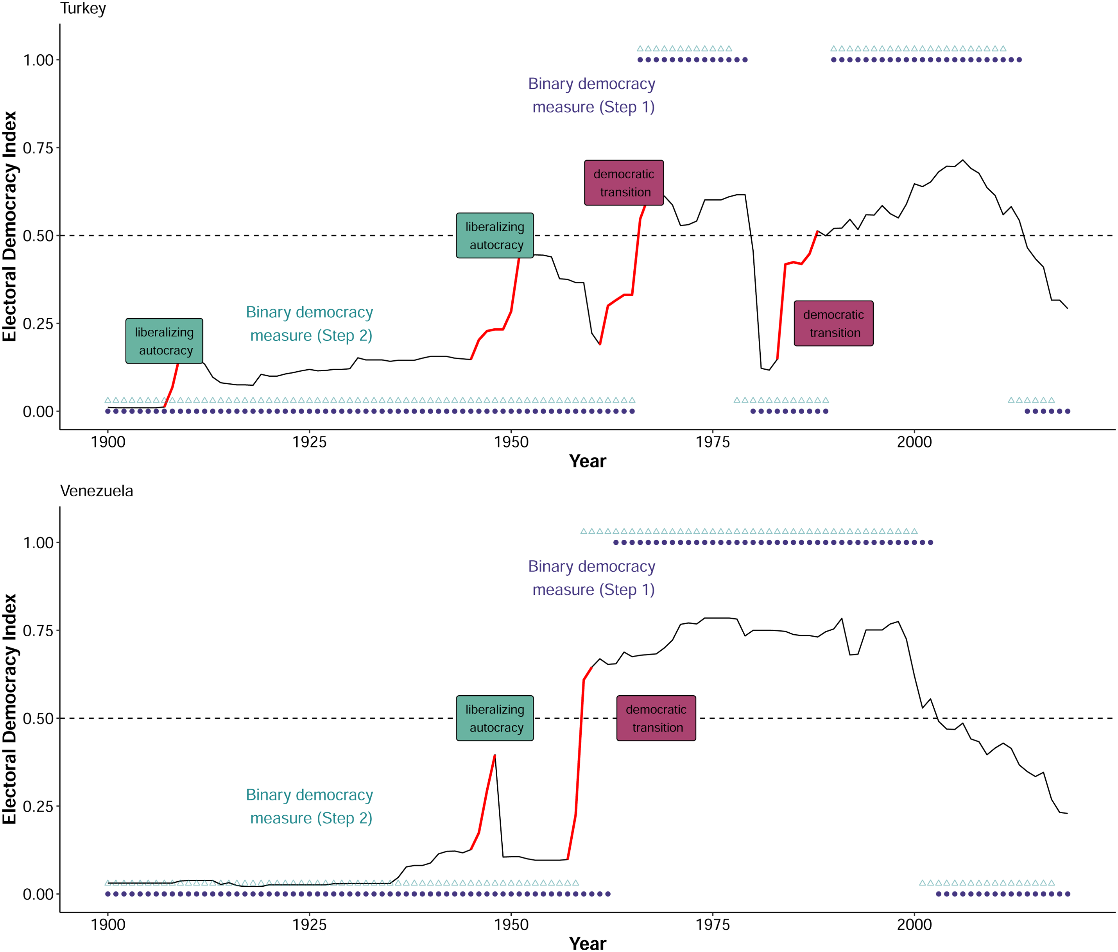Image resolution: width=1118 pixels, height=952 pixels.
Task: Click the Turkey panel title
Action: (83, 9)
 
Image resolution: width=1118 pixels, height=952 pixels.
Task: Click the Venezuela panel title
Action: (97, 491)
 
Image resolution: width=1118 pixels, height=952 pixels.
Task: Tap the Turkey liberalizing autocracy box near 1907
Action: (165, 341)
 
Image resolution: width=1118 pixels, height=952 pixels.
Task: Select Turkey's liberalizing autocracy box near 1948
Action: (495, 236)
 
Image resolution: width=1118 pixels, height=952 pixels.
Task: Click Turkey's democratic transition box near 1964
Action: (624, 183)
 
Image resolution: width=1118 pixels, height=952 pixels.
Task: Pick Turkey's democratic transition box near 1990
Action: (834, 324)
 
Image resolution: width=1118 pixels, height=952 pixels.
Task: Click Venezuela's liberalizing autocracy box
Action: (495, 718)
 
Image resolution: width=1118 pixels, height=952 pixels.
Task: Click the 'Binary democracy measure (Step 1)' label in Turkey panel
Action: (592, 95)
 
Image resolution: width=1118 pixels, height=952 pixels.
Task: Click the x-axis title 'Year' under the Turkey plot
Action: (588, 461)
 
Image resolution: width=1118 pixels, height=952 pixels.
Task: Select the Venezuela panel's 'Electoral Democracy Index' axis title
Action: (10, 709)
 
